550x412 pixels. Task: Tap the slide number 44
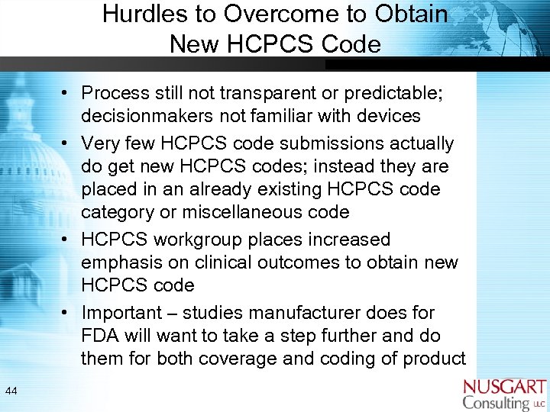11,391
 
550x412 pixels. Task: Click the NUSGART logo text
505,387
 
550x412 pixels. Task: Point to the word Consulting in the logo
497,403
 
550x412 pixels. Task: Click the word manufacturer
331,313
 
